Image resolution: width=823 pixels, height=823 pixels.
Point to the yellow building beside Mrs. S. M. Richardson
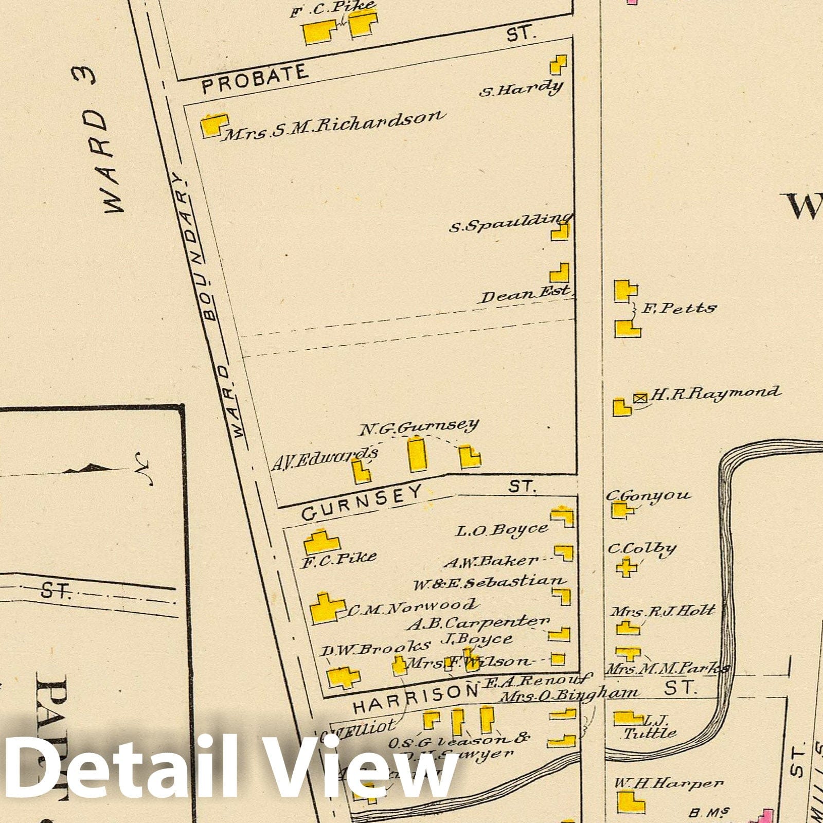(213, 126)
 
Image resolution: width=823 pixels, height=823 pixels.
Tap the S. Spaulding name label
(509, 223)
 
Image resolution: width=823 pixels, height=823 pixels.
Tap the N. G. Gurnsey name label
(419, 426)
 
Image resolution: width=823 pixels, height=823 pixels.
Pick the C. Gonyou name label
(648, 495)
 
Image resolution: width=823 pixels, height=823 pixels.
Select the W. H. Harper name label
(668, 783)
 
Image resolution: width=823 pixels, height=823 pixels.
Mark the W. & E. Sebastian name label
(489, 583)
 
